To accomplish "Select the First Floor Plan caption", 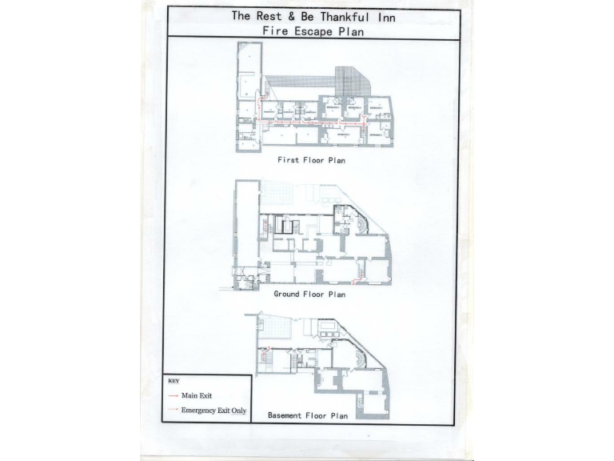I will [311, 160].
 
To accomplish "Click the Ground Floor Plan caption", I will [309, 295].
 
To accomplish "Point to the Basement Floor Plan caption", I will [308, 416].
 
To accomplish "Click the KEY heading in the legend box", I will [174, 381].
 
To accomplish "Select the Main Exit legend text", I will [196, 395].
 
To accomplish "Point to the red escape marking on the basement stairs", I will [269, 350].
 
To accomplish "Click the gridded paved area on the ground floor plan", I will [280, 193].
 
